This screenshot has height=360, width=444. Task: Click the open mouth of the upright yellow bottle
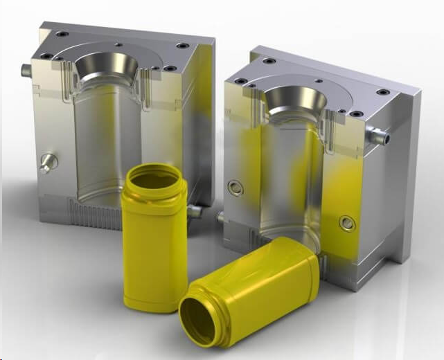153,180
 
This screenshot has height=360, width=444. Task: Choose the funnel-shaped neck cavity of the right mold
295,100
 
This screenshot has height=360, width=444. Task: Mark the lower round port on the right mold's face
347,223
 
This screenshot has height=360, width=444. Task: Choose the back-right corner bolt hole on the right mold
382,92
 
